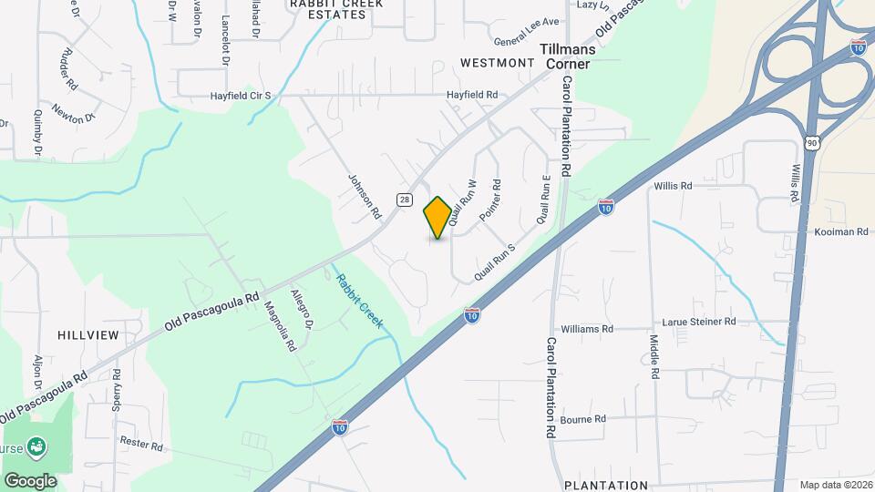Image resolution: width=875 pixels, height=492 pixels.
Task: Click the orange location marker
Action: (437, 217)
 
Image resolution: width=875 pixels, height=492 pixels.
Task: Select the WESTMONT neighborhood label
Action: (497, 63)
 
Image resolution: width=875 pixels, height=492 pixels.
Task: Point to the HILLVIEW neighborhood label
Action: (88, 335)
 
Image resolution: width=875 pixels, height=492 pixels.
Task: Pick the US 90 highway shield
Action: (813, 142)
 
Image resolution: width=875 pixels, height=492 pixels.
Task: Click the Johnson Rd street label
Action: (365, 197)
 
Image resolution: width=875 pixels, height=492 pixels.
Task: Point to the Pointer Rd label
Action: (490, 196)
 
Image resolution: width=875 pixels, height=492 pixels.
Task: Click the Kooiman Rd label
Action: (841, 232)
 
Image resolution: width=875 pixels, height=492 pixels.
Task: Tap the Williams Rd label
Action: (587, 328)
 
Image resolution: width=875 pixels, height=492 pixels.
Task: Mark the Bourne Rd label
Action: (583, 419)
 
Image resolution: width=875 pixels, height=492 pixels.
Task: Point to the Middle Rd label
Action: (654, 356)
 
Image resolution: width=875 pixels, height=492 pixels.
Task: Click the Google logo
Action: (30, 480)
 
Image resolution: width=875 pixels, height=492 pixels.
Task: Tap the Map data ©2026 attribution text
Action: (835, 485)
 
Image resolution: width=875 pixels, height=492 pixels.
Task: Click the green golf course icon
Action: (36, 447)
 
